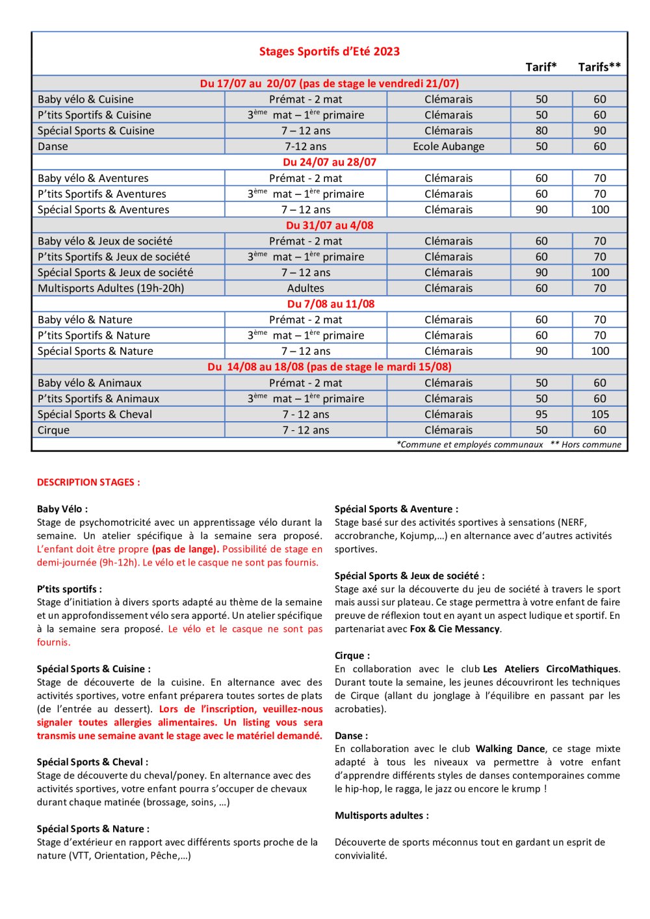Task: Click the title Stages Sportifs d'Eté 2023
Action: click(x=330, y=51)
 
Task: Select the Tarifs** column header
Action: click(x=599, y=67)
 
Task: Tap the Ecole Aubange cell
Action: click(x=448, y=146)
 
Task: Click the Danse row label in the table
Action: click(x=53, y=146)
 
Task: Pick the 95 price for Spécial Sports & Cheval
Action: click(x=541, y=414)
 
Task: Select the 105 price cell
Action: click(x=600, y=414)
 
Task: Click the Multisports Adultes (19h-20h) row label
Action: click(x=111, y=288)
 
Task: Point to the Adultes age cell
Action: click(x=305, y=288)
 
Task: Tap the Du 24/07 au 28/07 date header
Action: click(x=330, y=162)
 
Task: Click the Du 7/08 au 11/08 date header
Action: click(x=331, y=304)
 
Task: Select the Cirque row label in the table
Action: click(x=54, y=430)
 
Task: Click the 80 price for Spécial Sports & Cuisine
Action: click(x=541, y=131)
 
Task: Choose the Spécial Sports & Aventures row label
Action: click(x=103, y=209)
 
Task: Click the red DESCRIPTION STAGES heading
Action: click(x=88, y=482)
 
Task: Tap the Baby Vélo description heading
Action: click(x=62, y=509)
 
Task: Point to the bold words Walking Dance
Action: click(x=510, y=749)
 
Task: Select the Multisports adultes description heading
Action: click(x=382, y=815)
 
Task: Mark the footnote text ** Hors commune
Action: click(x=586, y=445)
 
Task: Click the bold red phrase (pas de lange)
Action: click(x=185, y=549)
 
